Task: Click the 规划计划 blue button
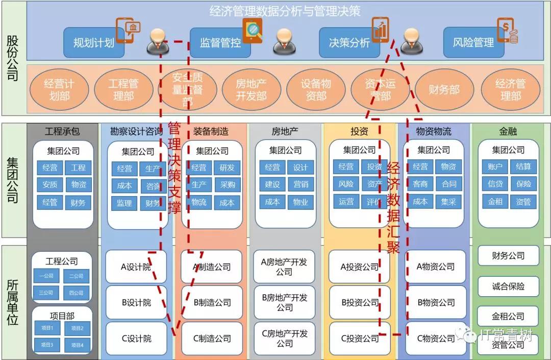click(94, 43)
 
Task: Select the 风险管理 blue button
click(473, 43)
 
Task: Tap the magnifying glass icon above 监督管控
click(252, 30)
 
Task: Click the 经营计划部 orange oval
click(59, 89)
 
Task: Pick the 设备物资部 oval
click(316, 89)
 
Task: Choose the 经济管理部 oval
click(510, 89)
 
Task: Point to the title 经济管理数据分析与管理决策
click(285, 11)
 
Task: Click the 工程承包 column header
click(62, 131)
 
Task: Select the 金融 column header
click(508, 131)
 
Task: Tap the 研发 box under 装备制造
click(227, 167)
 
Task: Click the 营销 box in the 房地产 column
click(300, 184)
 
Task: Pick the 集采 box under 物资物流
click(449, 201)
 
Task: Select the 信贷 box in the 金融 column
click(495, 184)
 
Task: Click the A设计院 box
click(136, 267)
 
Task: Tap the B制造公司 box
click(212, 302)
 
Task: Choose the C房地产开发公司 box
click(285, 339)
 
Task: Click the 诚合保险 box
click(508, 286)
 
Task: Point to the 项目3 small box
click(46, 345)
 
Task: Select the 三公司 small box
click(46, 293)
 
